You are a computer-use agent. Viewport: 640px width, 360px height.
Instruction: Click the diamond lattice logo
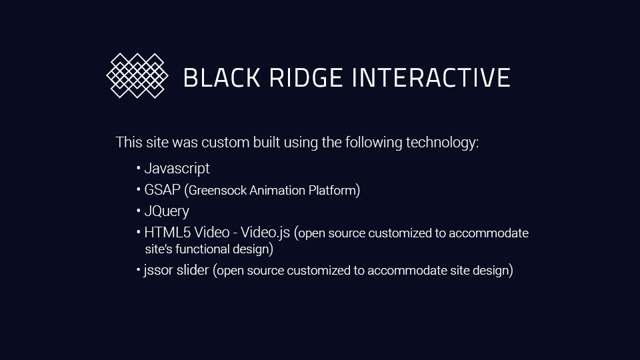click(137, 75)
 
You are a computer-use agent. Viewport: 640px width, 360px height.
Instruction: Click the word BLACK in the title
click(221, 77)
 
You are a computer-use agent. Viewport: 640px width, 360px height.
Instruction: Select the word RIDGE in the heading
click(306, 77)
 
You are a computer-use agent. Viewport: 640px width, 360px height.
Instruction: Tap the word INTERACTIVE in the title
click(431, 77)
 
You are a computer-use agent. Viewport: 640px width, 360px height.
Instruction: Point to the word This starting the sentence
click(129, 143)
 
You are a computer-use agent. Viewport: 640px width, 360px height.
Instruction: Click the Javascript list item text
click(177, 169)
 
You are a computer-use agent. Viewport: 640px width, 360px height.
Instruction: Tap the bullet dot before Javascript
click(139, 168)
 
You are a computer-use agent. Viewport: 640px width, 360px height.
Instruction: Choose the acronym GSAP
click(162, 190)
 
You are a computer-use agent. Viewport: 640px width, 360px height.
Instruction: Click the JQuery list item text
click(167, 211)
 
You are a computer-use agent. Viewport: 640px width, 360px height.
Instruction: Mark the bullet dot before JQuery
click(139, 211)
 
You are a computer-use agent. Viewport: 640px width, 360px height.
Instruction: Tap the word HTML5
click(167, 232)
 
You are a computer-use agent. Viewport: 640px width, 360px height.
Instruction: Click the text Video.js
click(265, 233)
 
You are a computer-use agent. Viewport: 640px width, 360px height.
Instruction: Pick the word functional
click(202, 249)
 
